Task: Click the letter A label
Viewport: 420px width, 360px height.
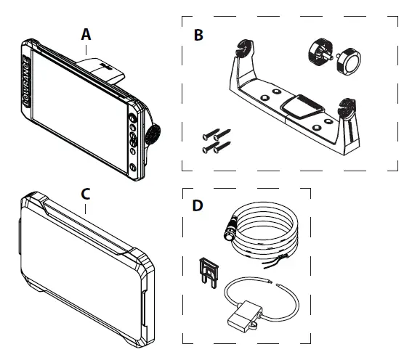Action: pyautogui.click(x=86, y=35)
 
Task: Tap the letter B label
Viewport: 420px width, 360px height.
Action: pyautogui.click(x=198, y=35)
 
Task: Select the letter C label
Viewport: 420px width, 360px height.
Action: pyautogui.click(x=86, y=195)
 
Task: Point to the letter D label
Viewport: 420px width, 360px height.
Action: pyautogui.click(x=198, y=205)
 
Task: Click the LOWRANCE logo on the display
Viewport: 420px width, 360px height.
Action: pyautogui.click(x=25, y=81)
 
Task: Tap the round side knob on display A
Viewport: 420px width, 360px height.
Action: pyautogui.click(x=153, y=134)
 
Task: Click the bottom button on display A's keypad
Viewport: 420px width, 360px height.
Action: pyautogui.click(x=133, y=167)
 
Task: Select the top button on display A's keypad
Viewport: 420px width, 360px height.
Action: pyautogui.click(x=132, y=118)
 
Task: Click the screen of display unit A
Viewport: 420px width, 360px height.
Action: pyautogui.click(x=80, y=112)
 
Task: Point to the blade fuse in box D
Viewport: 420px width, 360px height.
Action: pyautogui.click(x=209, y=273)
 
